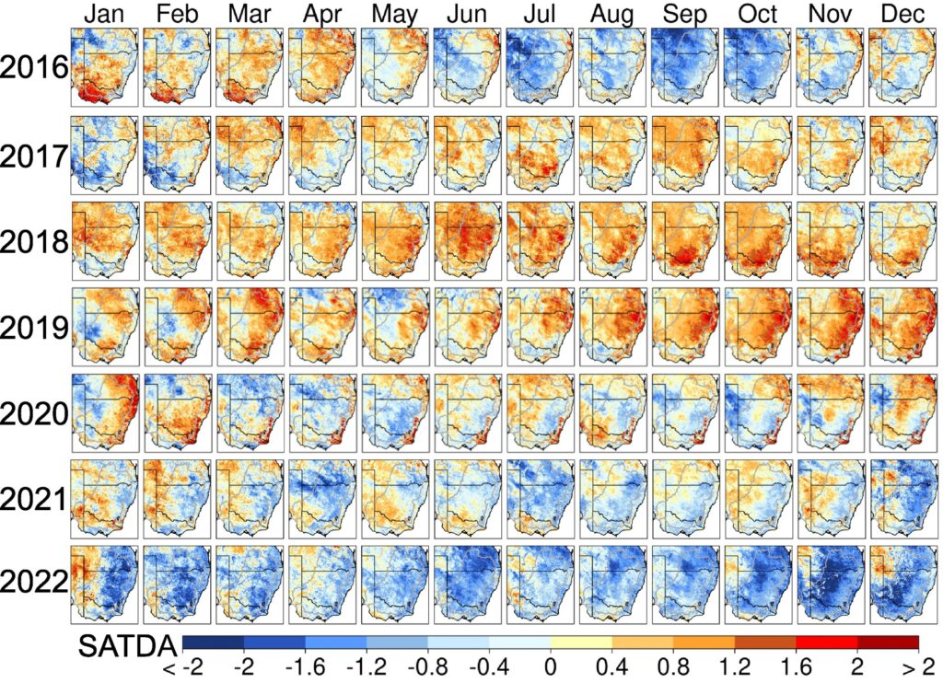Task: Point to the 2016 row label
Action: pyautogui.click(x=35, y=68)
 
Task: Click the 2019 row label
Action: pyautogui.click(x=35, y=328)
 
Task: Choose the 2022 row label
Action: pyautogui.click(x=35, y=584)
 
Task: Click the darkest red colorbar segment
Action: pyautogui.click(x=888, y=642)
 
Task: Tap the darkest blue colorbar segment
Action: pyautogui.click(x=213, y=642)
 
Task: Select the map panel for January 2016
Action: pyautogui.click(x=104, y=67)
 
